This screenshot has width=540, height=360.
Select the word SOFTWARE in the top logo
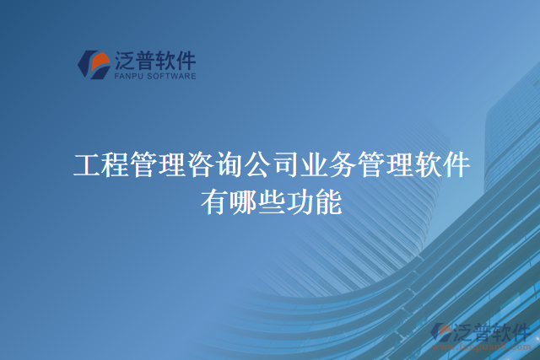172,76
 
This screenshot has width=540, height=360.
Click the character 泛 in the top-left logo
125,60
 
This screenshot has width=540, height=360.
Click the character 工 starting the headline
86,165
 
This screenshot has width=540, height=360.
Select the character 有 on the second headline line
213,202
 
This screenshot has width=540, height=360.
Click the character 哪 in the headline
242,202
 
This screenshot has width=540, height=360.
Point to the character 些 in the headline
271,202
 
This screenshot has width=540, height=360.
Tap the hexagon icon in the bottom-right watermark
441,334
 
